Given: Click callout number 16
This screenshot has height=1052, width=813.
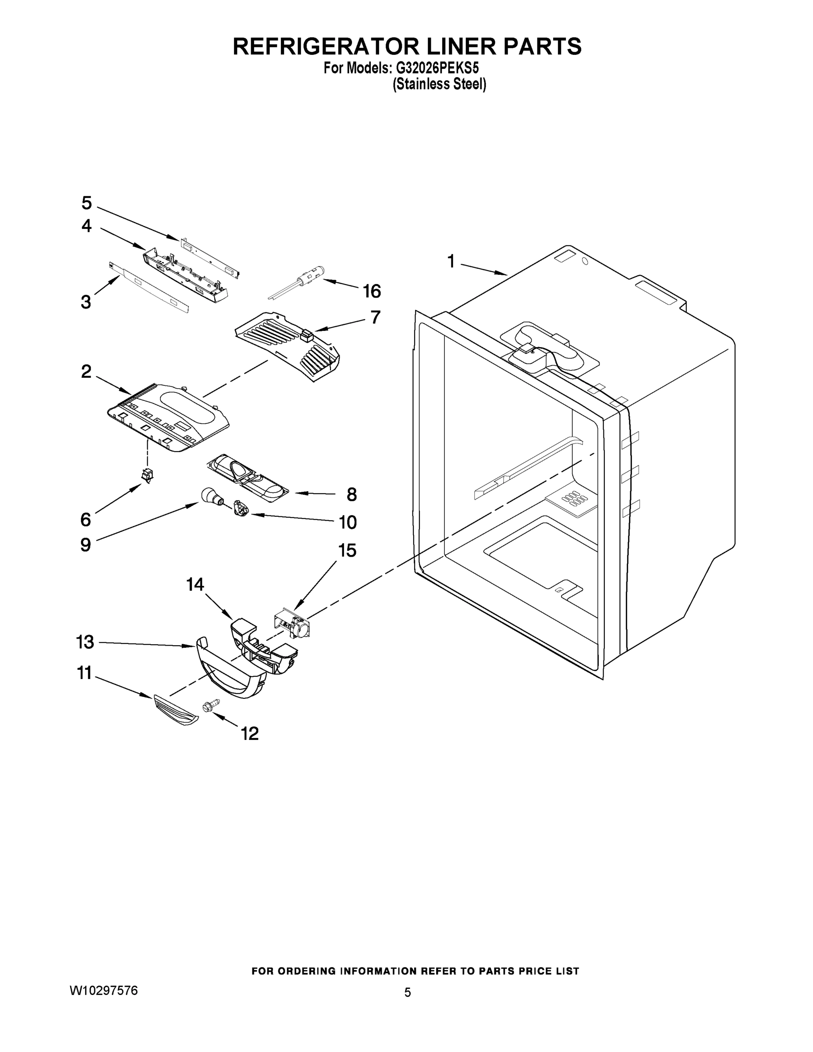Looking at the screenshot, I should pos(371,291).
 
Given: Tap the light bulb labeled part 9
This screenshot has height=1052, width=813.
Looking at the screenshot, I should pos(209,495).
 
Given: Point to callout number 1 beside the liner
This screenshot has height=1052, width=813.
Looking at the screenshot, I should pos(451,262).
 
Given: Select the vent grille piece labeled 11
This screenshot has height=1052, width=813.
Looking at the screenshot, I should pos(175,711).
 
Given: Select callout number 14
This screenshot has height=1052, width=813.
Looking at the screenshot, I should pos(195,584).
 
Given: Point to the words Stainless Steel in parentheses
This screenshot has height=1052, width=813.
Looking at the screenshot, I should pos(439,84).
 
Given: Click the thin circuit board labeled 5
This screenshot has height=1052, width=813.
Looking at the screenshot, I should pos(210,256).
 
